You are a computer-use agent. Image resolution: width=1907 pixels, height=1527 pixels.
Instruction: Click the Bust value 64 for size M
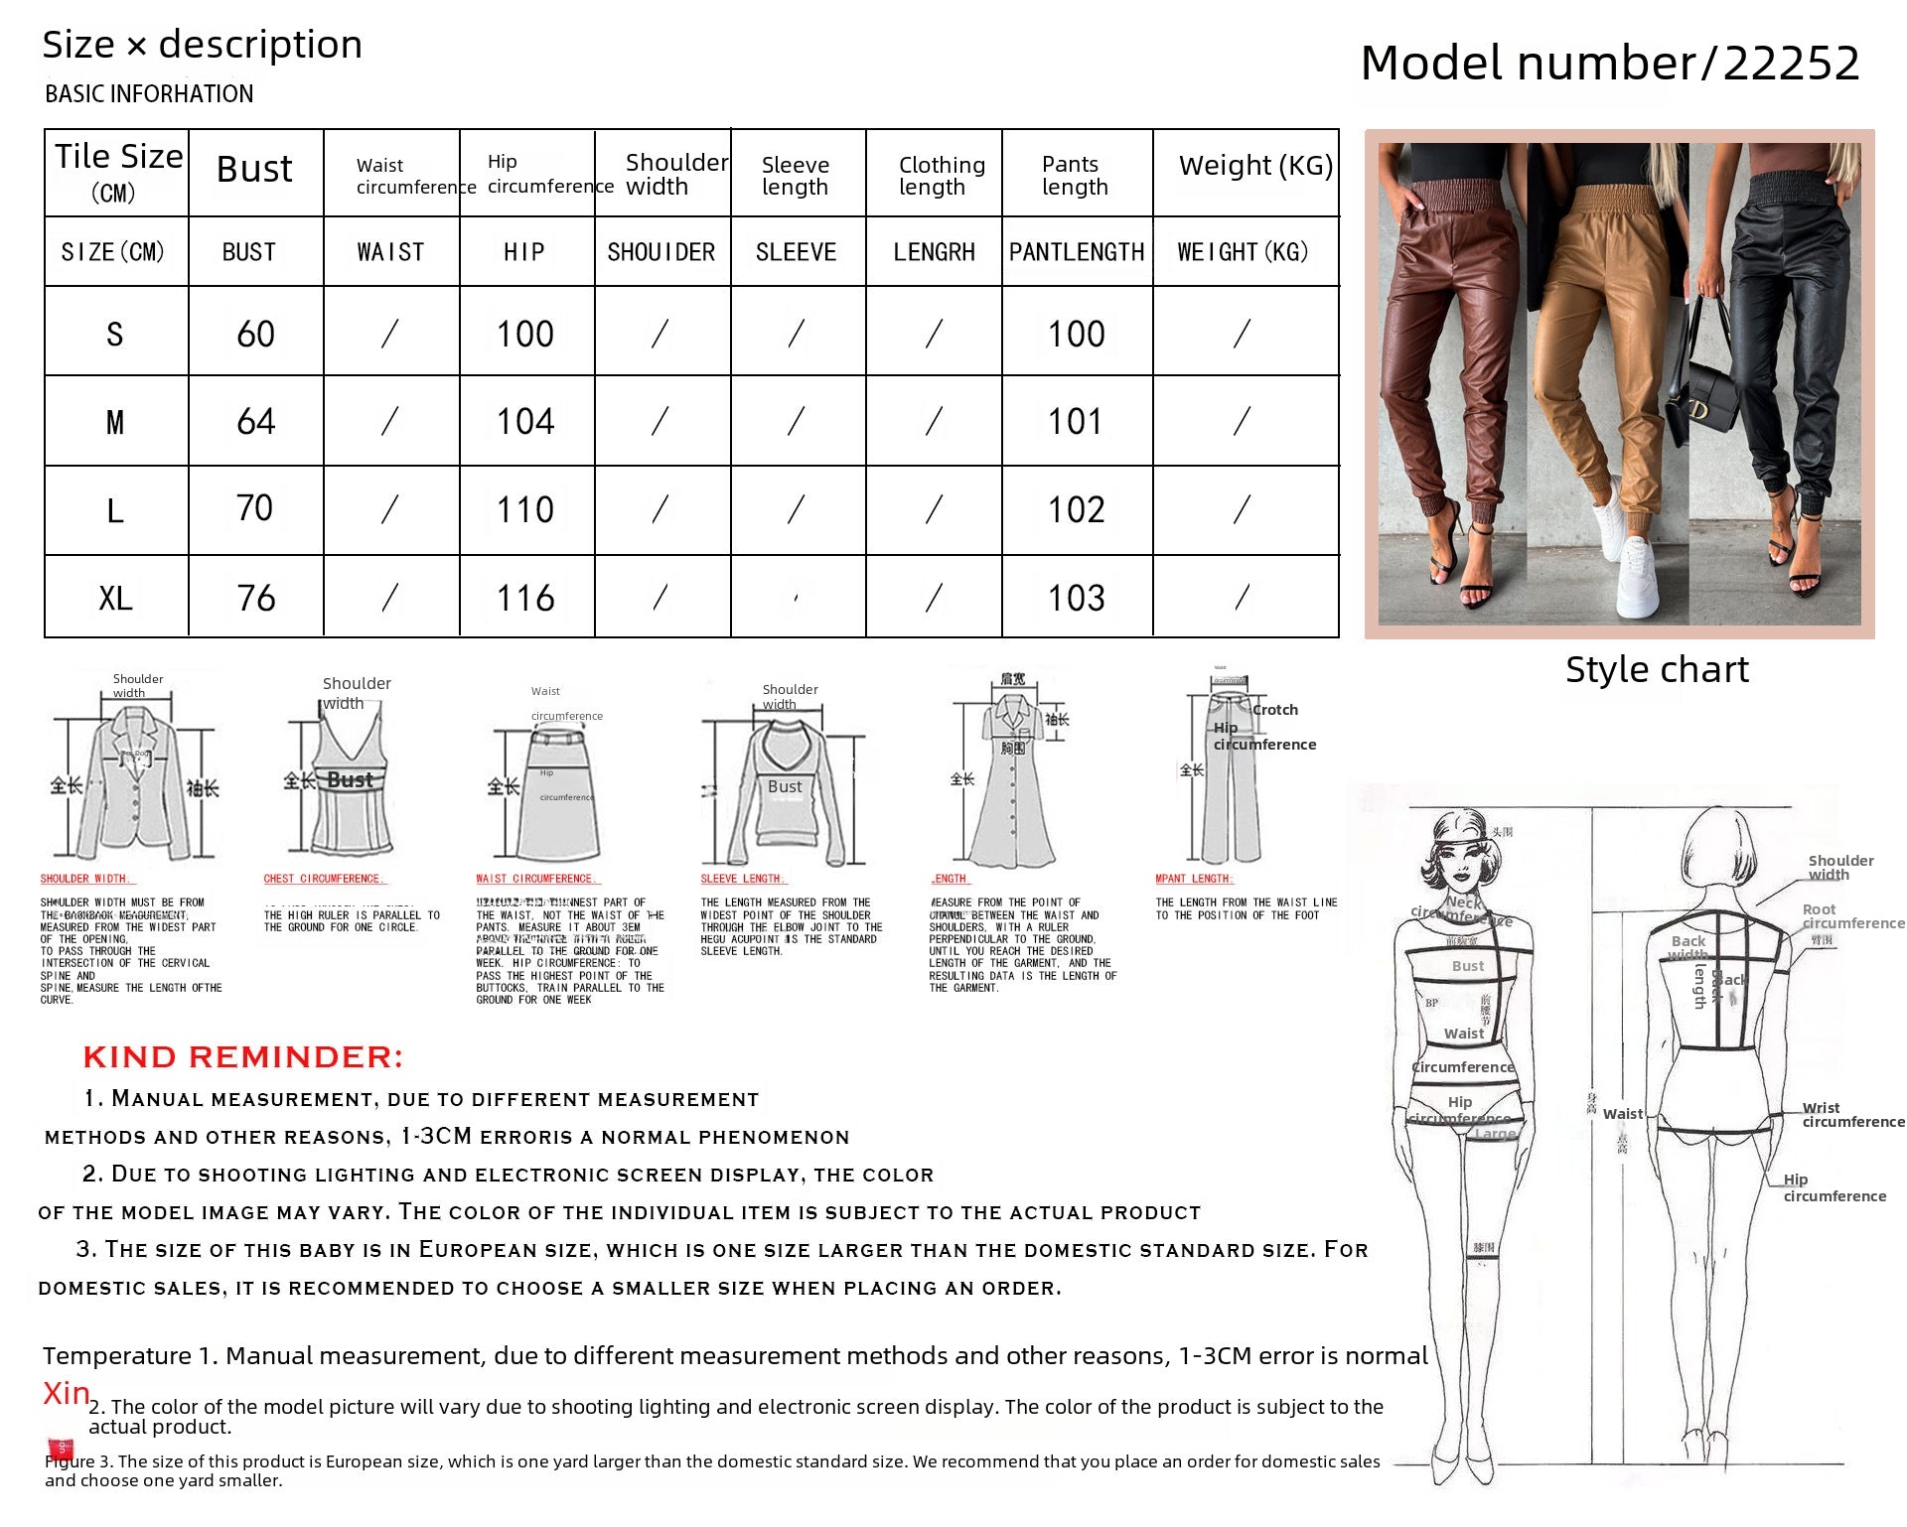coord(255,422)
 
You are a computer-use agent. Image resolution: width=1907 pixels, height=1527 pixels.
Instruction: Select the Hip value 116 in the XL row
coord(525,599)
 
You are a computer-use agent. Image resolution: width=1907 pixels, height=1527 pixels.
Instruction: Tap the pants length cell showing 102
coord(1076,510)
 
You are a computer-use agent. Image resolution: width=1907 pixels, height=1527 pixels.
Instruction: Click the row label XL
coord(115,599)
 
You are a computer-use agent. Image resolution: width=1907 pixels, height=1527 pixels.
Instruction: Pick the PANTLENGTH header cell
coord(1077,252)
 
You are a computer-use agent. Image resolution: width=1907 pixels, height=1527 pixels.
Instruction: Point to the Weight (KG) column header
coord(1255,166)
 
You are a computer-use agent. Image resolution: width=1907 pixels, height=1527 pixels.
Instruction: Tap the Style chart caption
coord(1657,670)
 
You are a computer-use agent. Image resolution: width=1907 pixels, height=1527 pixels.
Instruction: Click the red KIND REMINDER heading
coord(243,1057)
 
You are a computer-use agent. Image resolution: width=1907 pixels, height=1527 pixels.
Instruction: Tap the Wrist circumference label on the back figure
coord(1852,1115)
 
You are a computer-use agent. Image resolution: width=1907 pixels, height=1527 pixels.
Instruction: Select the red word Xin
coord(66,1394)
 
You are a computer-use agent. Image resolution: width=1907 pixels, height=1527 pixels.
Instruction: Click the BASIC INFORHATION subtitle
coord(149,94)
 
